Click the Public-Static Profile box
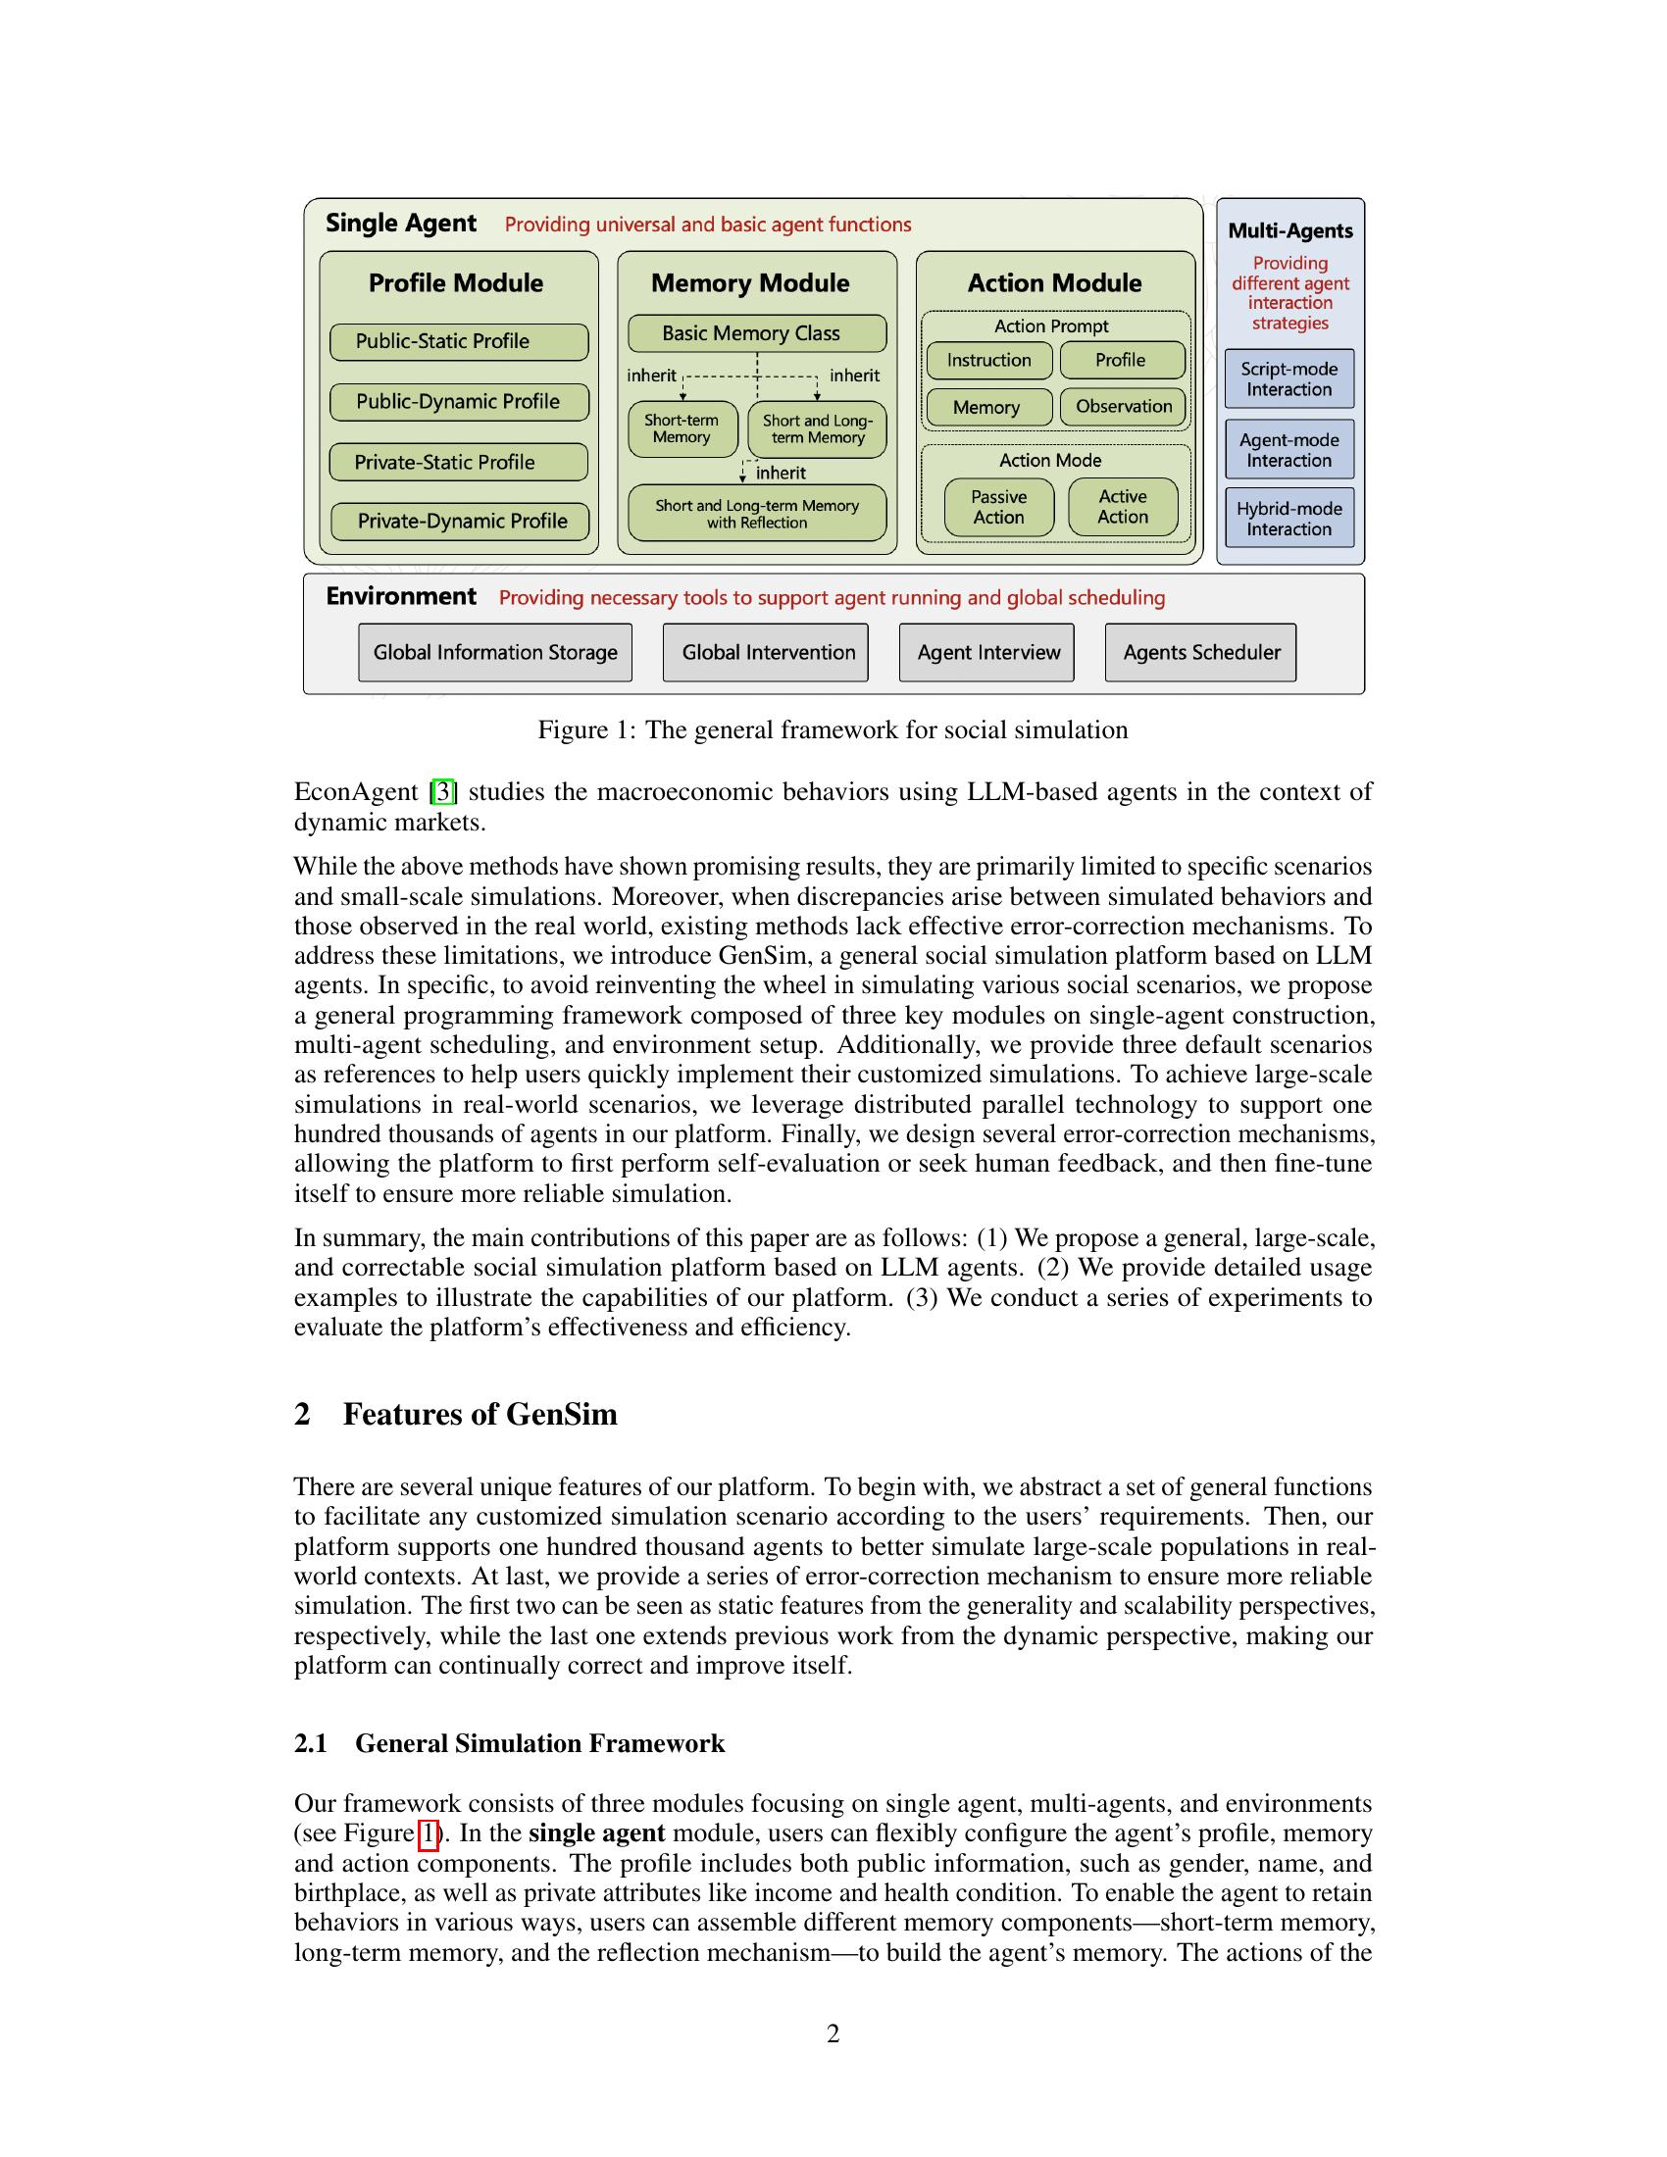pyautogui.click(x=459, y=342)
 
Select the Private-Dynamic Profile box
pyautogui.click(x=460, y=522)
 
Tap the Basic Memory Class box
pyautogui.click(x=756, y=333)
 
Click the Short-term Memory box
pyautogui.click(x=682, y=428)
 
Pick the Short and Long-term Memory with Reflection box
pyautogui.click(x=756, y=514)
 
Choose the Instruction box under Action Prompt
pyautogui.click(x=988, y=361)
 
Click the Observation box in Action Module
pyautogui.click(x=1123, y=407)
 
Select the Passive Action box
pyautogui.click(x=998, y=508)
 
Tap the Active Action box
pyautogui.click(x=1123, y=507)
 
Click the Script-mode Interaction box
pyautogui.click(x=1288, y=379)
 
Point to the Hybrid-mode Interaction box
pyautogui.click(x=1288, y=519)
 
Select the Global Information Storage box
pyautogui.click(x=495, y=653)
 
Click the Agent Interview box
pyautogui.click(x=986, y=653)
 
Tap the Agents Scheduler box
pyautogui.click(x=1200, y=653)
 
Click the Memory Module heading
pyautogui.click(x=749, y=283)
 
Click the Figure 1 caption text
pyautogui.click(x=833, y=729)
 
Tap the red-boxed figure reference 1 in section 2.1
pyautogui.click(x=429, y=1834)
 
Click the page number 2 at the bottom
pyautogui.click(x=833, y=2033)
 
